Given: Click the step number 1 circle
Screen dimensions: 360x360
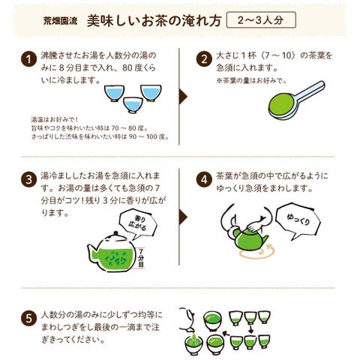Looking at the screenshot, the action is click(29, 59).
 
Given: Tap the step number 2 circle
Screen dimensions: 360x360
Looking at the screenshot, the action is click(204, 59).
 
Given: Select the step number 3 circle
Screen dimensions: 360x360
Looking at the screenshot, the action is click(29, 180).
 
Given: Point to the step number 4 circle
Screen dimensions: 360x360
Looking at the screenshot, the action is click(204, 180).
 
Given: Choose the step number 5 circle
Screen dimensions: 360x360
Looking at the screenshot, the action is click(29, 319).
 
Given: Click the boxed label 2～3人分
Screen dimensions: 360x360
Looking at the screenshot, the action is click(261, 20).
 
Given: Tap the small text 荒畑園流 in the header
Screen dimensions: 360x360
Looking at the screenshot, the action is click(61, 21).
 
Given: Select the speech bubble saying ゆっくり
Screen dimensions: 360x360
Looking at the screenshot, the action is click(298, 220).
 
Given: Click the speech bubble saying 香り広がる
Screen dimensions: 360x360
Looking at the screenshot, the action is click(138, 223).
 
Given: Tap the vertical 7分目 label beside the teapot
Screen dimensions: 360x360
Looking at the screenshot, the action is click(141, 258).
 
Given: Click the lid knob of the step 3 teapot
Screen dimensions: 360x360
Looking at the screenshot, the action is click(115, 234).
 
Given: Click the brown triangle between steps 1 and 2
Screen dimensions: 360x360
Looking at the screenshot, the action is click(183, 97).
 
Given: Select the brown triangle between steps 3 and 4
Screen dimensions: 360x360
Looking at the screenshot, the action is click(183, 217).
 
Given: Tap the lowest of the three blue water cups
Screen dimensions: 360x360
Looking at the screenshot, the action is click(133, 105).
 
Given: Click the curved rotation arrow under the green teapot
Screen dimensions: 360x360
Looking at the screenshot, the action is click(257, 253).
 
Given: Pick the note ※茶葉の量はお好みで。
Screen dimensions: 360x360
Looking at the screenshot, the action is click(251, 81).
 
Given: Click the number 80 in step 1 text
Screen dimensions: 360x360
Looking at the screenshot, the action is click(128, 67).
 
